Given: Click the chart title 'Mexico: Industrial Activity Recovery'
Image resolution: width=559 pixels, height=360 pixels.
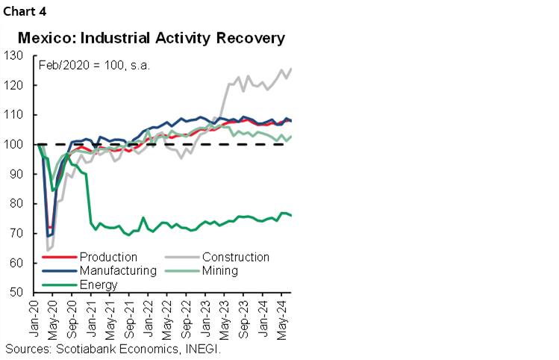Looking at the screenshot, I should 152,37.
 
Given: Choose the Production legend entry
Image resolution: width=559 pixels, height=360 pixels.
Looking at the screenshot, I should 108,258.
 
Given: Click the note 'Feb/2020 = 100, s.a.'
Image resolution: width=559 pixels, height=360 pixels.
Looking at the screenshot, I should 94,65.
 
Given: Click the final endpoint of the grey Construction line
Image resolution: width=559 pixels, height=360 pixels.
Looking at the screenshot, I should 290,68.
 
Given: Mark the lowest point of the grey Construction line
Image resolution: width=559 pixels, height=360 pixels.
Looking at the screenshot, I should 47,250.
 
